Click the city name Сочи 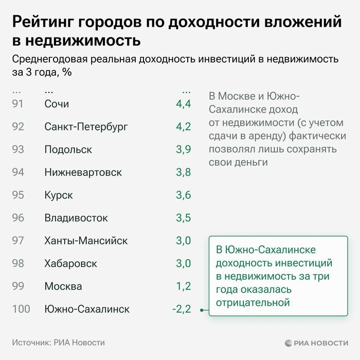(x=57, y=104)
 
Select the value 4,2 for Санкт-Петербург (x=183, y=127)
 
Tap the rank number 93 (x=18, y=150)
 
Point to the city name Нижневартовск (x=83, y=172)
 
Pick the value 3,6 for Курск (x=183, y=195)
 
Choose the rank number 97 (x=18, y=241)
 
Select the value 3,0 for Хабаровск (x=183, y=263)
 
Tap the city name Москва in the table (x=63, y=286)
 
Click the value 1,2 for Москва (x=183, y=286)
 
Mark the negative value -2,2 (x=182, y=309)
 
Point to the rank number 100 (x=21, y=309)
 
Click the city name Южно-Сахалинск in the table (x=87, y=309)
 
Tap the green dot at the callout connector (x=202, y=310)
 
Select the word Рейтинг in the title (x=43, y=22)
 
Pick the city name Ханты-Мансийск (x=86, y=241)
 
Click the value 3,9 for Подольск (x=183, y=150)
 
